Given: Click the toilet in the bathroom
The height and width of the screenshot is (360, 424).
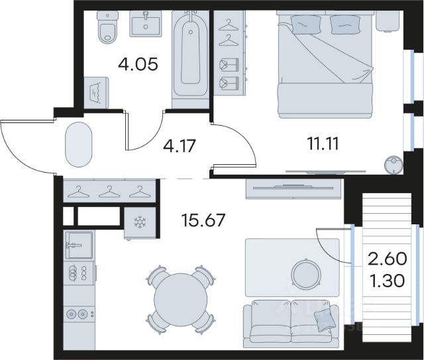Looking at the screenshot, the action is pos(107,27).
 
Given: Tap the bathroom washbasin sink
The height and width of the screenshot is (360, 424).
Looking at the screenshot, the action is pos(146,23).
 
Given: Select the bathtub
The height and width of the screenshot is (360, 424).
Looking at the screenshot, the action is pos(190,54).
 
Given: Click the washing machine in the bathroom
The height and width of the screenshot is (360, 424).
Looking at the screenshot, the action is pos(96,93).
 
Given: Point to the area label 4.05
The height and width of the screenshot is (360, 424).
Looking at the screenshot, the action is pos(138,65).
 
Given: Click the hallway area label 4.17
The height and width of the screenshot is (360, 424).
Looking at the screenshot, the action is pos(179,146).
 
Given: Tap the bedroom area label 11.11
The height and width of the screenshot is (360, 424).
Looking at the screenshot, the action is pos(323,144).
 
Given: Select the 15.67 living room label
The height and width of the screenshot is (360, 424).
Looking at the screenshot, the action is pos(203,220).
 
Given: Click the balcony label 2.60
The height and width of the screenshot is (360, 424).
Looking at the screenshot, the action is pos(387,259).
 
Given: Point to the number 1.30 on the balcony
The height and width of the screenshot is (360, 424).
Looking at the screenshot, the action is pos(387,281).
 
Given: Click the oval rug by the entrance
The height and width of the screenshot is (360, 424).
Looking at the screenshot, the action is pos(79,144).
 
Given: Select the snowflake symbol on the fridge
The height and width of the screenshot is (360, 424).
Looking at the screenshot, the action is pos(140,222).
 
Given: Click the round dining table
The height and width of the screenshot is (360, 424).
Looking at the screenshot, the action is pos(180,300).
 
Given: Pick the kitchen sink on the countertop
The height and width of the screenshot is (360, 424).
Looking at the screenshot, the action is pos(79,246).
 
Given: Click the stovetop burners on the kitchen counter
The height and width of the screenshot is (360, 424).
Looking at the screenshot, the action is pos(79,273).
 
